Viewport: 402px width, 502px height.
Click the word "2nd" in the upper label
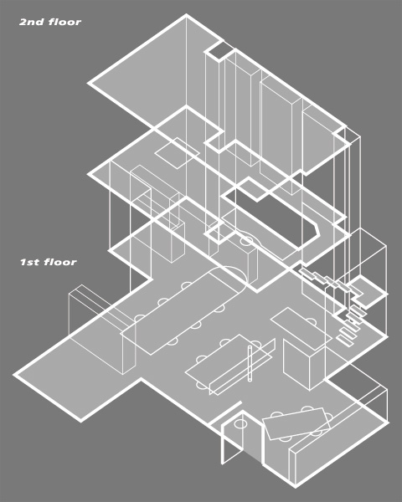coord(32,22)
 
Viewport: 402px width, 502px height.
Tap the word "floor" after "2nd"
coord(65,22)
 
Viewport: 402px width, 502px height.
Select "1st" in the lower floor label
coord(30,262)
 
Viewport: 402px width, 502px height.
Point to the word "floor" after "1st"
coord(60,262)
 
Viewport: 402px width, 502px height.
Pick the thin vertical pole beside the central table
coord(250,364)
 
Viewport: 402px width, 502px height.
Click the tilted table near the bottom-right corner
coord(296,423)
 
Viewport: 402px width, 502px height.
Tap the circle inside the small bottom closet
coord(240,424)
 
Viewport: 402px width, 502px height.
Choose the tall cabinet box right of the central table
coord(303,364)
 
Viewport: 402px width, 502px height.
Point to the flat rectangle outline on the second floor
coord(177,153)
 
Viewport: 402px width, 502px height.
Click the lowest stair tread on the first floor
coord(345,341)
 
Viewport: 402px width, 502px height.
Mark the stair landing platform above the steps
coord(368,292)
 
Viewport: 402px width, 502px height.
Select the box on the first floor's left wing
coord(102,329)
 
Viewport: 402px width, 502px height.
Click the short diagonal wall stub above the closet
coord(224,414)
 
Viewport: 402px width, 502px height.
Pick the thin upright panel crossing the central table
coord(242,367)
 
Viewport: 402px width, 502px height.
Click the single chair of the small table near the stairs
coord(311,321)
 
